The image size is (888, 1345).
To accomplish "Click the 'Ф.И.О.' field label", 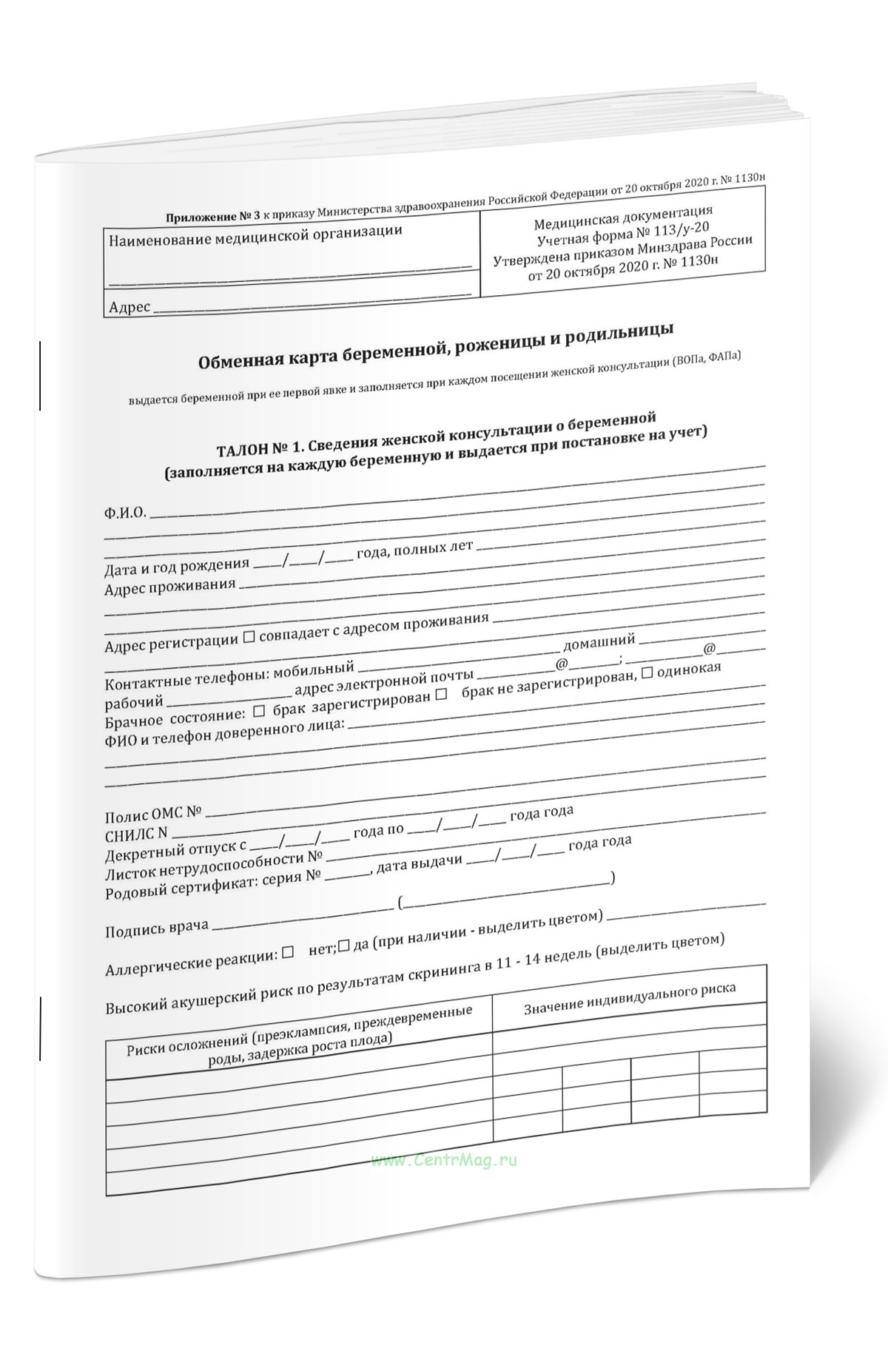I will (125, 513).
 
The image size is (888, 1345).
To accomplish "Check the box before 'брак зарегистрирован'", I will (259, 712).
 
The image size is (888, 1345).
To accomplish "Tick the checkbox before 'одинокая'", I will (647, 672).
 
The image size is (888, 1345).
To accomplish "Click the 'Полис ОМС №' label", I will (153, 815).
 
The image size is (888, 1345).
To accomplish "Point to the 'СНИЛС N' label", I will (136, 835).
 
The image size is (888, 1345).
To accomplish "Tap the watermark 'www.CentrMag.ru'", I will (444, 1161).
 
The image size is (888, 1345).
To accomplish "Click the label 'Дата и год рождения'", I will (177, 567).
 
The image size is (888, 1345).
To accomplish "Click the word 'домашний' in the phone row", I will (599, 641).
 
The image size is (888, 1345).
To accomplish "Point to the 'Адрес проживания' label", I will (169, 587).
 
